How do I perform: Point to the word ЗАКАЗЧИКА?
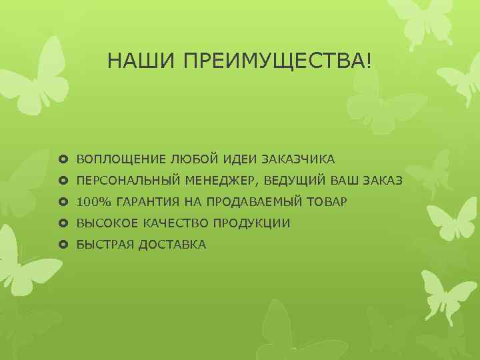point(299,159)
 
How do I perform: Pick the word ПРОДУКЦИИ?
point(255,223)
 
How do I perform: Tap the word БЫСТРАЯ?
point(105,245)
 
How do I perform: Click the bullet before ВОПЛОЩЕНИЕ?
point(64,159)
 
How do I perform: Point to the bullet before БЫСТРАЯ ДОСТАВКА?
point(64,245)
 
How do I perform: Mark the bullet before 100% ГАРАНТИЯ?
point(64,202)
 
